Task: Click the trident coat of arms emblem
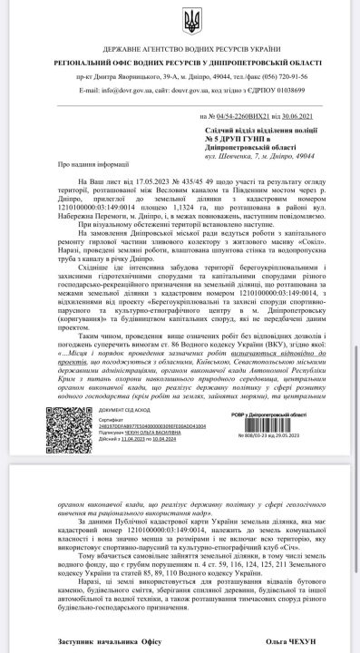[180, 19]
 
